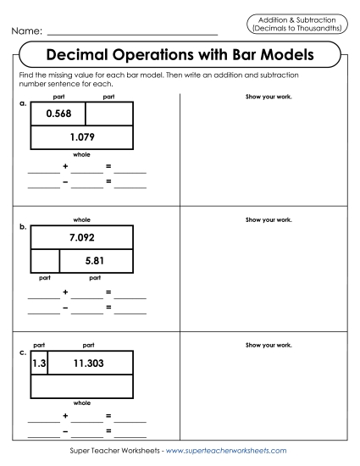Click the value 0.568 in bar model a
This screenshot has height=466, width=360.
[x=58, y=114]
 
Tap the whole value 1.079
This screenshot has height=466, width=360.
[x=82, y=138]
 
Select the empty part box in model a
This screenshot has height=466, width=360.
[x=109, y=114]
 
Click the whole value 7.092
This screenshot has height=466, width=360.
[x=82, y=236]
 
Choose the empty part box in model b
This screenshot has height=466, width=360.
[x=45, y=260]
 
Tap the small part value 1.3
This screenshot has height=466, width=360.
[x=38, y=363]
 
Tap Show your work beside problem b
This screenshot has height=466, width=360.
[x=268, y=219]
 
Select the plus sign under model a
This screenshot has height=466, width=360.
[x=65, y=165]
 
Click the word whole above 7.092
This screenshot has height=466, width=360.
[x=82, y=219]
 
